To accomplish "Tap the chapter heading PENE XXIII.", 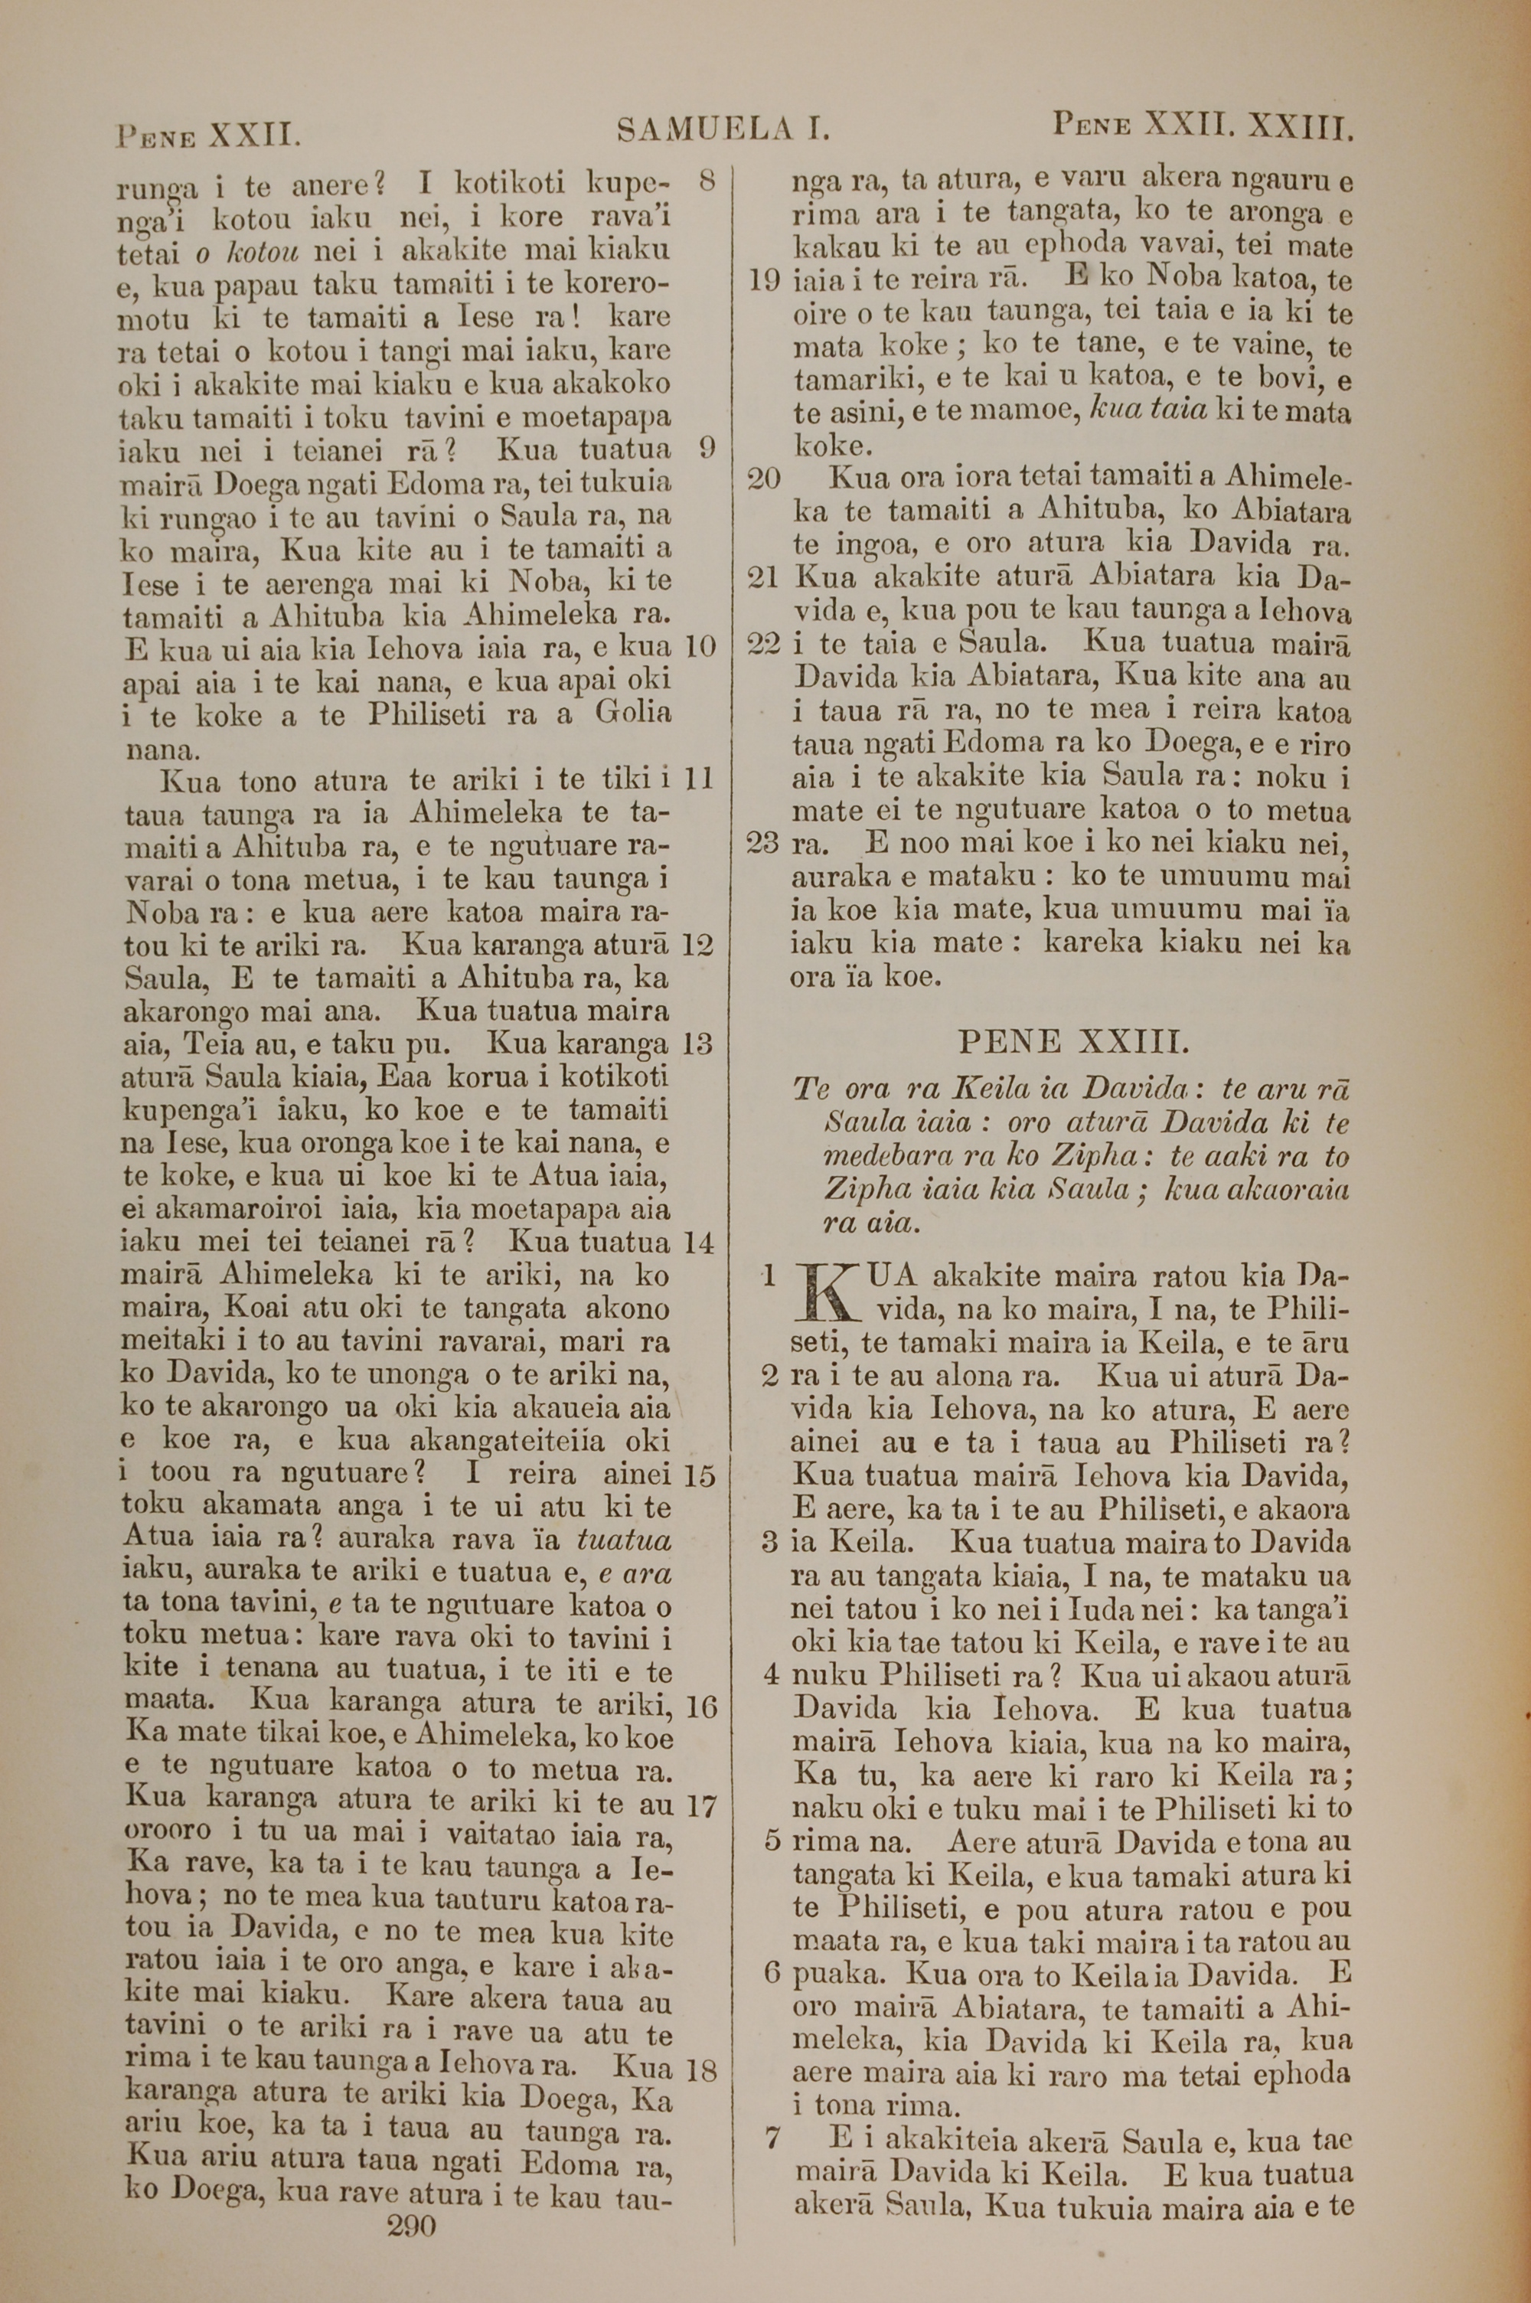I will pyautogui.click(x=1074, y=1042).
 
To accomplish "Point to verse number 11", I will pyautogui.click(x=700, y=779).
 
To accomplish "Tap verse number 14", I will pyautogui.click(x=700, y=1243).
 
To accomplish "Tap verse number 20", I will pyautogui.click(x=765, y=479).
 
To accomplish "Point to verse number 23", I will pyautogui.click(x=765, y=841).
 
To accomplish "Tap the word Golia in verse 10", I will pyautogui.click(x=633, y=713).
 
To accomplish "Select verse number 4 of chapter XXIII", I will pyautogui.click(x=772, y=1675).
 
